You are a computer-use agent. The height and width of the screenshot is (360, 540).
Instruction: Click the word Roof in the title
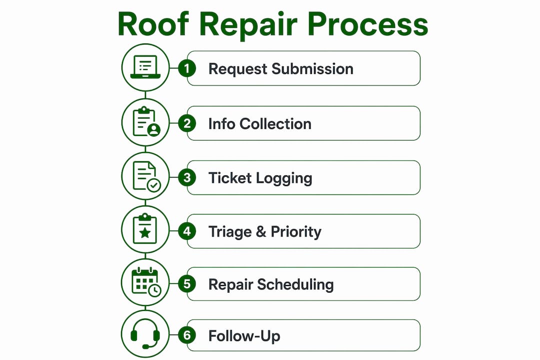[x=153, y=24]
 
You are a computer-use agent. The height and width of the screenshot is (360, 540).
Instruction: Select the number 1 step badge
[x=187, y=68]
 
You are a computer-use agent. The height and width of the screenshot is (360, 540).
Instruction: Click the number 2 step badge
[x=187, y=123]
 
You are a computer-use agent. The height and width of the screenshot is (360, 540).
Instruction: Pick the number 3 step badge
[x=187, y=178]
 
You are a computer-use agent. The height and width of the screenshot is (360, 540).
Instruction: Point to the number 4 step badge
[x=187, y=231]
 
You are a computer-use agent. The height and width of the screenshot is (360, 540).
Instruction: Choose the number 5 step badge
[x=187, y=284]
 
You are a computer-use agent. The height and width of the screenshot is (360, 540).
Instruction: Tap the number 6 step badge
[x=187, y=335]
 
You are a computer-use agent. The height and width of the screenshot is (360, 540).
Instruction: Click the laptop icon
[x=145, y=67]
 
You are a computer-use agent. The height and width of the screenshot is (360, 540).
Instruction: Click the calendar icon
[x=146, y=282]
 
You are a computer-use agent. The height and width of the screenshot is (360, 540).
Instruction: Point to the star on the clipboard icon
[x=145, y=233]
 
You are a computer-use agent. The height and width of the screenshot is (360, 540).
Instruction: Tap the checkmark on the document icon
[x=154, y=185]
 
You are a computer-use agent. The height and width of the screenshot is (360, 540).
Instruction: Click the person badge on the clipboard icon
[x=153, y=130]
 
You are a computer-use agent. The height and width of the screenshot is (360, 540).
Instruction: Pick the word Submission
[x=312, y=69]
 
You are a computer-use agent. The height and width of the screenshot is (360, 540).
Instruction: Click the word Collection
[x=275, y=124]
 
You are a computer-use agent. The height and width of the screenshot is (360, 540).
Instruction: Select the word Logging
[x=284, y=179]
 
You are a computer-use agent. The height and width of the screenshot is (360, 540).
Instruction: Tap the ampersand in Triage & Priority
[x=261, y=232]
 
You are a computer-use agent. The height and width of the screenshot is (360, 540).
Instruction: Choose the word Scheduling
[x=295, y=285]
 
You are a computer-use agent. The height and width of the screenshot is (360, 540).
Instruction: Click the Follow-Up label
[x=244, y=336]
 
